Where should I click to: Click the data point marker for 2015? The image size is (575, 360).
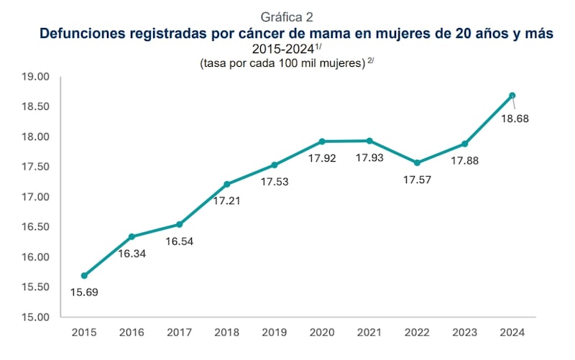click(x=85, y=275)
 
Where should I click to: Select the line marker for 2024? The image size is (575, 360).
click(x=512, y=96)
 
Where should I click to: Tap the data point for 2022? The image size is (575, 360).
click(x=418, y=162)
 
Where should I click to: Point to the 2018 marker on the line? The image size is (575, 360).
click(x=227, y=184)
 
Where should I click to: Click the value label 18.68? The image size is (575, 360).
click(x=514, y=119)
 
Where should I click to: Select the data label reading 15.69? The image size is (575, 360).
click(x=85, y=292)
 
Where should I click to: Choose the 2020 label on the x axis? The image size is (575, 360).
click(x=322, y=333)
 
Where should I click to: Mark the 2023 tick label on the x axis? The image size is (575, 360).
click(x=465, y=333)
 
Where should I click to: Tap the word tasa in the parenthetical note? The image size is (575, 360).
click(x=214, y=65)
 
